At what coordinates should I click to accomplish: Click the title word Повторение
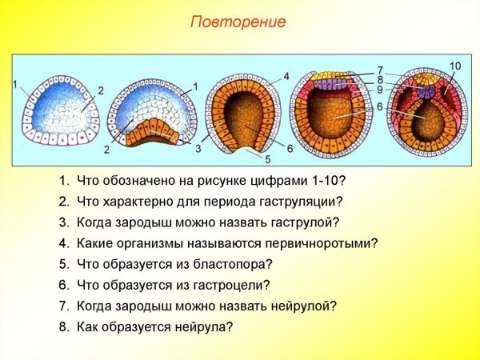238,22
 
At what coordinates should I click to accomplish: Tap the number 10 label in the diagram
455,65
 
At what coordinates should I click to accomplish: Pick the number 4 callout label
286,76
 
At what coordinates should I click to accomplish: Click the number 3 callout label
198,148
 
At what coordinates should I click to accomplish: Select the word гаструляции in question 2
302,202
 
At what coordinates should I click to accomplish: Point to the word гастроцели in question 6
228,285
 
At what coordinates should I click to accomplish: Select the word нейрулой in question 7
297,306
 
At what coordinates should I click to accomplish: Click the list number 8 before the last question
63,326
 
